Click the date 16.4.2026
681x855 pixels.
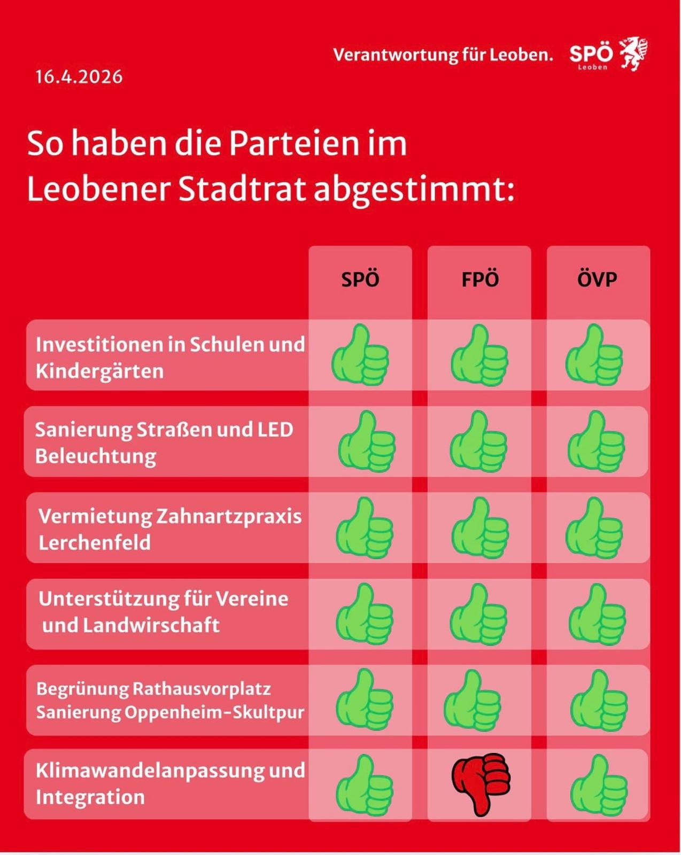(79, 77)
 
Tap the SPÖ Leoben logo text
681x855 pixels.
(591, 55)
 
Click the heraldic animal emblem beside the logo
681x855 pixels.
(633, 54)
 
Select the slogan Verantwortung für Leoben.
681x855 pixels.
(443, 55)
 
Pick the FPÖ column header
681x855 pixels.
(479, 279)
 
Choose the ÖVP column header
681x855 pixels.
(597, 279)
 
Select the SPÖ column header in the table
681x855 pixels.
(360, 279)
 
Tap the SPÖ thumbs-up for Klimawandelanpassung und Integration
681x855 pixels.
(364, 786)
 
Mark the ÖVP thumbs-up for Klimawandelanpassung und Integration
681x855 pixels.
(599, 786)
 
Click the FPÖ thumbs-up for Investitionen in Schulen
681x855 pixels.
(479, 355)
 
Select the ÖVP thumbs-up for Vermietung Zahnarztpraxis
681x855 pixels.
(594, 528)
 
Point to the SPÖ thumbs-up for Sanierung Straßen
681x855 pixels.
(366, 442)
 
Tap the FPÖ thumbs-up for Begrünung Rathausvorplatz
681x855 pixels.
(473, 701)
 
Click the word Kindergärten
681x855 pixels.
(99, 371)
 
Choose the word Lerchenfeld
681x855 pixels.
(95, 542)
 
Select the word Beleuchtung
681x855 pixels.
(96, 456)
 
